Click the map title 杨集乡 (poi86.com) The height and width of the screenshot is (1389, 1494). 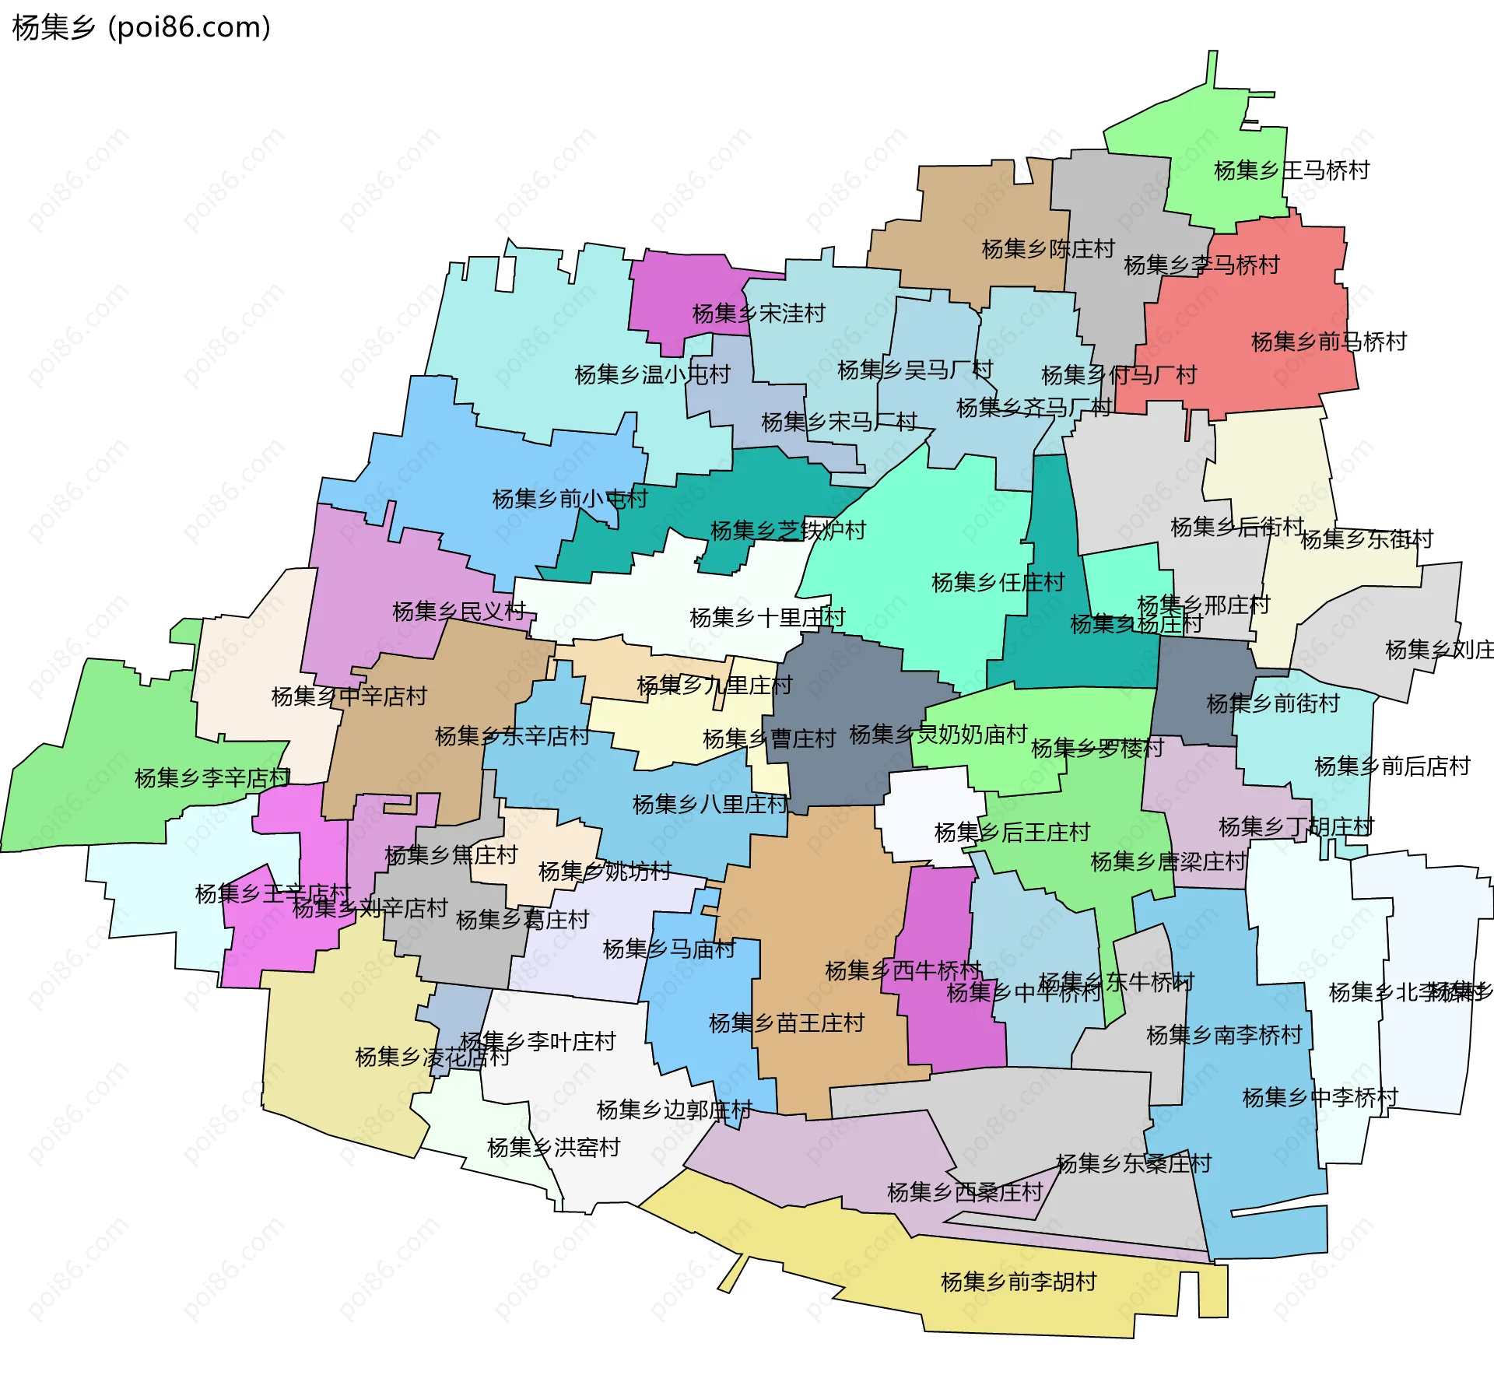click(x=142, y=27)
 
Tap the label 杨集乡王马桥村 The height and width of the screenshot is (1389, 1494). click(x=1292, y=170)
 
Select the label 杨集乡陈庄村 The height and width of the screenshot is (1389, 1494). click(x=1048, y=249)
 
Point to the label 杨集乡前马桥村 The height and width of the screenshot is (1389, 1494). click(x=1329, y=342)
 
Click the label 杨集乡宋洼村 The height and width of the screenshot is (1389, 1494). click(x=759, y=314)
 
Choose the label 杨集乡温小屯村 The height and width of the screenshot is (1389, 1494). click(x=652, y=375)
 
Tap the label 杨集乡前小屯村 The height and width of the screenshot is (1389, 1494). click(x=570, y=499)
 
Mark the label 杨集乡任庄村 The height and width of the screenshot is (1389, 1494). click(x=998, y=582)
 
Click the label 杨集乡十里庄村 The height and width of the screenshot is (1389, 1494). click(x=767, y=618)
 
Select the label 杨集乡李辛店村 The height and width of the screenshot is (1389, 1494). click(x=212, y=777)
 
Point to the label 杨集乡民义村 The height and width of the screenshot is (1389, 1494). click(x=459, y=612)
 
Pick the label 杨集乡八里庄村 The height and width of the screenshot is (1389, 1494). click(x=710, y=804)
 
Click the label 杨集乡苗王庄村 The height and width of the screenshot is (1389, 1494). click(x=787, y=1023)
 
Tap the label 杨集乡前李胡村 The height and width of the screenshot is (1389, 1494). click(x=1019, y=1282)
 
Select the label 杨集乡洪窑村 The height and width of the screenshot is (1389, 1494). click(x=553, y=1148)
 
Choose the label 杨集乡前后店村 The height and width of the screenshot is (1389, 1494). click(x=1392, y=766)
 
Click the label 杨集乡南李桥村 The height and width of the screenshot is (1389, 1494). click(x=1224, y=1035)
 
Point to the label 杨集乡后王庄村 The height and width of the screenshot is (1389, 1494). click(x=1012, y=833)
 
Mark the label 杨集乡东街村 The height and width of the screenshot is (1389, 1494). click(x=1366, y=539)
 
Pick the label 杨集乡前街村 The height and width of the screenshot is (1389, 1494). click(x=1273, y=703)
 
